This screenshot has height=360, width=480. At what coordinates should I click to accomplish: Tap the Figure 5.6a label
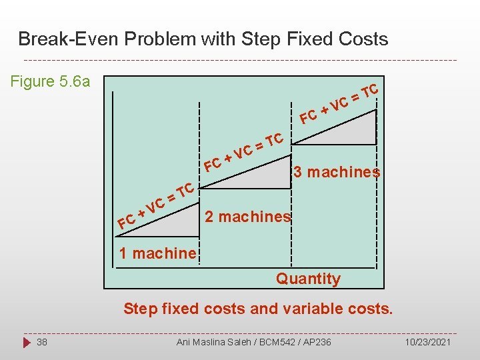click(51, 82)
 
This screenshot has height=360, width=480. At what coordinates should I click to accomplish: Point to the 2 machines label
click(247, 217)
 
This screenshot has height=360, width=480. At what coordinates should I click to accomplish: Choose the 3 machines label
click(337, 172)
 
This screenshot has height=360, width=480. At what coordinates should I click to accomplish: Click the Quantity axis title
click(308, 279)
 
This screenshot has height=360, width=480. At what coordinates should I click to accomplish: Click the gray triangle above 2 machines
click(267, 173)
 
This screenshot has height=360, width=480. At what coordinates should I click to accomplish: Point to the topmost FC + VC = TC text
click(339, 104)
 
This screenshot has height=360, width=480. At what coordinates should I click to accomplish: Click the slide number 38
click(42, 342)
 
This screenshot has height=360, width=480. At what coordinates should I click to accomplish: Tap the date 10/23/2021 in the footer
click(427, 342)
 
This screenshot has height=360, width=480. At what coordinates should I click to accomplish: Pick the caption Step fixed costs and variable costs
click(258, 309)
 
